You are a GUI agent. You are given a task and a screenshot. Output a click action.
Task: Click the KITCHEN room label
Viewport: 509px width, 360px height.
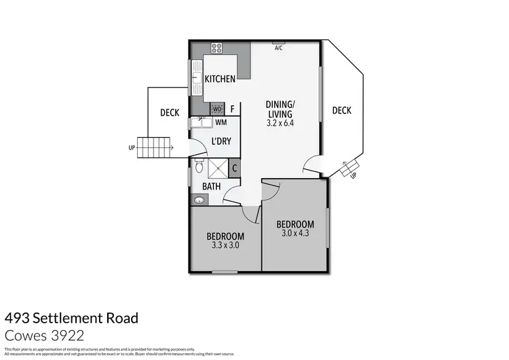click(220, 79)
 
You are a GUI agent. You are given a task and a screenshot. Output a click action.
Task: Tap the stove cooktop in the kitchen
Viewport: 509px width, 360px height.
click(218, 48)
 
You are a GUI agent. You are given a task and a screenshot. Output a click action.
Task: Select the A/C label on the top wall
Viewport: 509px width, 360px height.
click(278, 48)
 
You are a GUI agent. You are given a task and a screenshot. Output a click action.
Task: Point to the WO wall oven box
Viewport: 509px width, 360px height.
click(217, 109)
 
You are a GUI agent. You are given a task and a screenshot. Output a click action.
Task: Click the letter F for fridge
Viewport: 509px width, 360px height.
click(232, 109)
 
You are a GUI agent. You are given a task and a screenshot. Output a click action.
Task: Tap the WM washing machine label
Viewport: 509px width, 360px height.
click(221, 122)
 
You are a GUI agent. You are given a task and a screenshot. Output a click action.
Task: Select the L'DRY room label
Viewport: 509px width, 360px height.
click(222, 141)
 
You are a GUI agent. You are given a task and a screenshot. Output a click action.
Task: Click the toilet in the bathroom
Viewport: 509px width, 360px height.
click(199, 166)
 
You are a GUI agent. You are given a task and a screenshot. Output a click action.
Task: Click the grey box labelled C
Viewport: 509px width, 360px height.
click(234, 168)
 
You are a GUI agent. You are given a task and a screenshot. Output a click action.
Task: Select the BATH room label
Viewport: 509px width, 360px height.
click(211, 185)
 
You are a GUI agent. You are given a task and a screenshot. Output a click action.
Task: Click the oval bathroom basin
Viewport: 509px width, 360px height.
click(198, 200)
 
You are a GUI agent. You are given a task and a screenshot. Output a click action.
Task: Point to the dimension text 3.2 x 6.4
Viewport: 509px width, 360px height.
click(285, 124)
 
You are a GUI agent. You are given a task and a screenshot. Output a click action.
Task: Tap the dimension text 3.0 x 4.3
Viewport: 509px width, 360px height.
click(295, 234)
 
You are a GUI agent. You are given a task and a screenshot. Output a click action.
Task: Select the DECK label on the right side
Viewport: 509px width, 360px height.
click(342, 111)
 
